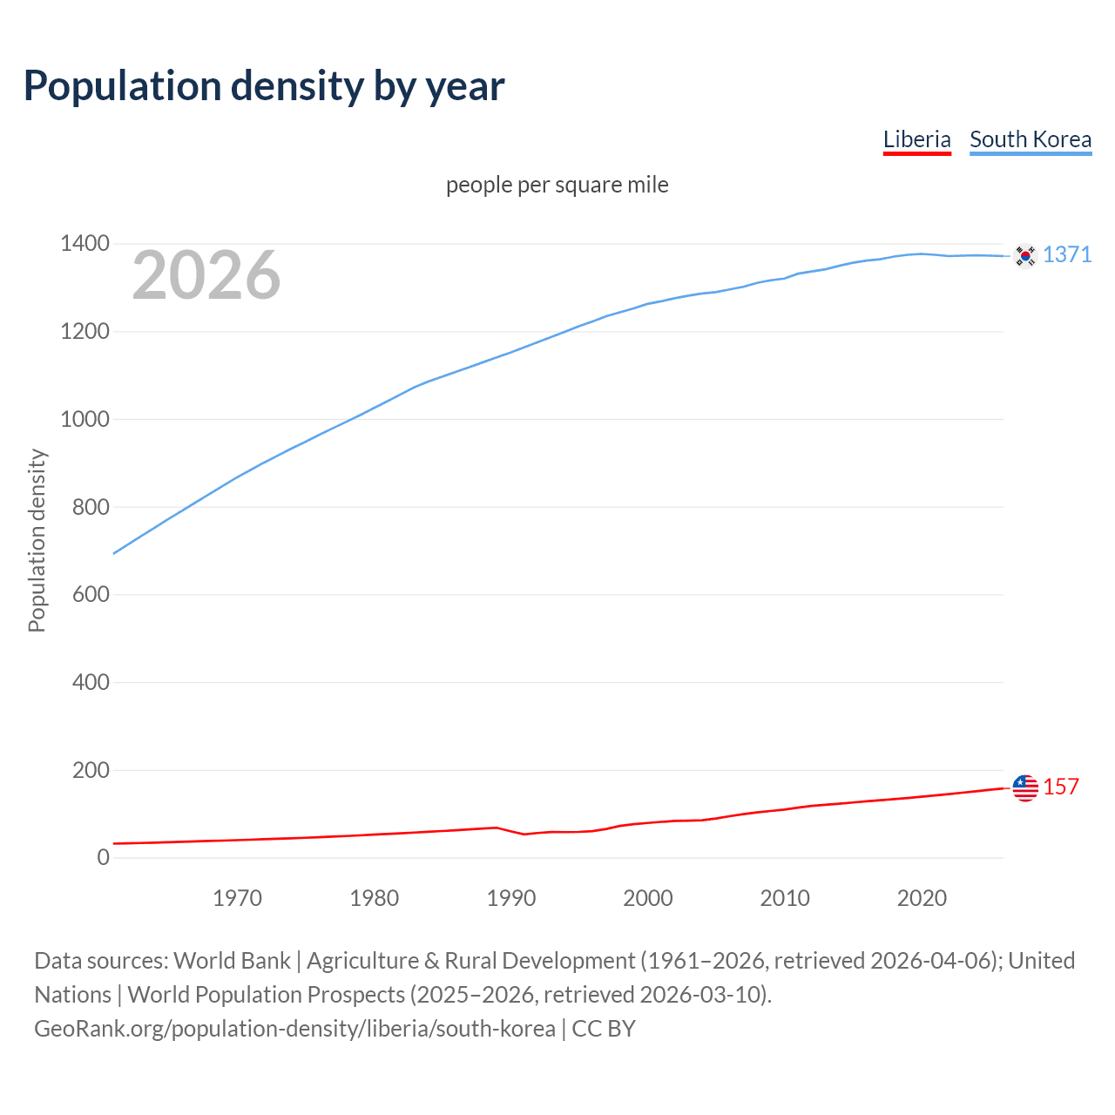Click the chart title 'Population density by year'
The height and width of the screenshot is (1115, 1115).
pos(264,86)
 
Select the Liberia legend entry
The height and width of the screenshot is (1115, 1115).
pos(916,139)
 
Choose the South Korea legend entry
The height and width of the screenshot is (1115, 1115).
pos(1030,139)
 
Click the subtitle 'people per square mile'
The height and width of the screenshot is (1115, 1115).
pos(557,185)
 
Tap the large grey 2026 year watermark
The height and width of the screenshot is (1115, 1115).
pos(206,275)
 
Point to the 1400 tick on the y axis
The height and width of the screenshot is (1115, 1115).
pos(84,244)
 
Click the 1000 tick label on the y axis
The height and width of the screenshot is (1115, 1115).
pos(84,419)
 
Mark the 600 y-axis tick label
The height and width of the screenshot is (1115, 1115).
pos(91,595)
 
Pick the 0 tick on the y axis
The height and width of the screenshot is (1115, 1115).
pos(104,857)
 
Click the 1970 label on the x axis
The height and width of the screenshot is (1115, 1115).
pos(237,898)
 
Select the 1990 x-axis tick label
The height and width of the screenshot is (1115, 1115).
pos(511,898)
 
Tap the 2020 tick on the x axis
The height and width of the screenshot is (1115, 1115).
pos(922,898)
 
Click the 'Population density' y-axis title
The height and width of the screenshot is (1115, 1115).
pos(37,540)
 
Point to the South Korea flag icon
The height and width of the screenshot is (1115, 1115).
pos(1025,255)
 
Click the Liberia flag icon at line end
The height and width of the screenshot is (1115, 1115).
pos(1025,787)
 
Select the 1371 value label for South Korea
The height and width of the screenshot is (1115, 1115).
pos(1066,254)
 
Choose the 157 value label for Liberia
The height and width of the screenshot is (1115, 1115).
pos(1060,787)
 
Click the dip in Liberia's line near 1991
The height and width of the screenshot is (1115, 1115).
pos(524,834)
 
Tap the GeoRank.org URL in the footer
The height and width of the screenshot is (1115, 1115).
pos(294,1029)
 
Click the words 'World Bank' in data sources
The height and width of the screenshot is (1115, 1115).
pos(232,961)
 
